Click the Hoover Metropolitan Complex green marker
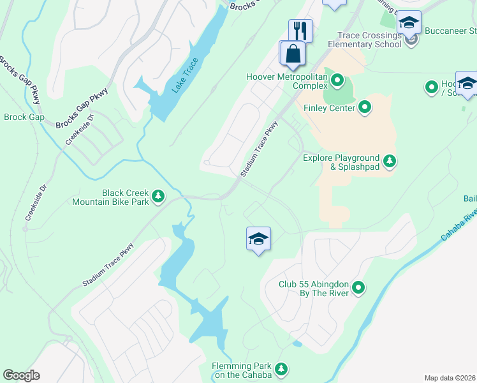(337, 80)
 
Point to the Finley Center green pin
(365, 107)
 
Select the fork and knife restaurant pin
(300, 31)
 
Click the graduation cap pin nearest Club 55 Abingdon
(258, 239)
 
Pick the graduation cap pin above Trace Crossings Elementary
(408, 23)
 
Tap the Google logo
(21, 375)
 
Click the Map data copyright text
(450, 378)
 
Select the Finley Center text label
(329, 108)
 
